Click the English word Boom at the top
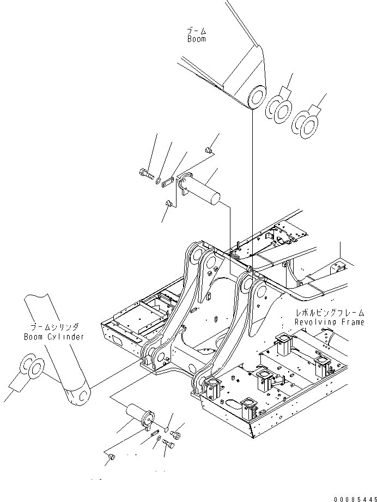click(197, 39)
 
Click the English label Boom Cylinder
click(54, 337)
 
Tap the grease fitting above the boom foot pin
click(208, 150)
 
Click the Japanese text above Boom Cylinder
click(53, 327)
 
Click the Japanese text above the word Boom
click(197, 30)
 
